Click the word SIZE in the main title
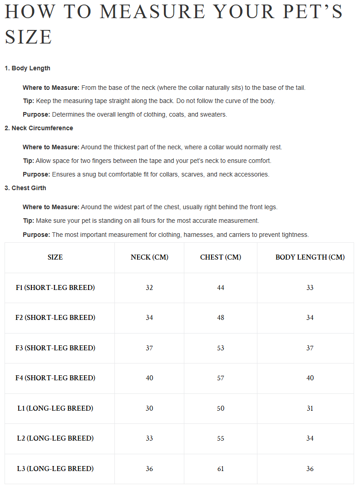coord(29,37)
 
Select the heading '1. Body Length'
coord(27,68)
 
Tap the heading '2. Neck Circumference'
coord(39,128)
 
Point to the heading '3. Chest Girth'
coord(25,188)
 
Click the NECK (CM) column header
coord(149,257)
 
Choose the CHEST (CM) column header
coord(221,257)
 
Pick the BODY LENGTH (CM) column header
coord(310,257)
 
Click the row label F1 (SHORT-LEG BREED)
coord(55,288)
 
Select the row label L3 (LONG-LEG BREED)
coord(55,469)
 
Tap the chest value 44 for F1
coord(221,288)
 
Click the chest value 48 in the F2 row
coord(221,318)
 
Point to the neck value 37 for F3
coord(149,348)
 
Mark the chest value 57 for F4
coord(221,378)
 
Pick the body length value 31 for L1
coord(310,408)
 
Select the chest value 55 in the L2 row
coord(221,438)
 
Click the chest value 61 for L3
coord(221,469)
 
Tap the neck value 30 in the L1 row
coord(149,408)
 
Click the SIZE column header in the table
coord(55,257)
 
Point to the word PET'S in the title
coord(313,12)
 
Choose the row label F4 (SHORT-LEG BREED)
coord(55,378)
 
